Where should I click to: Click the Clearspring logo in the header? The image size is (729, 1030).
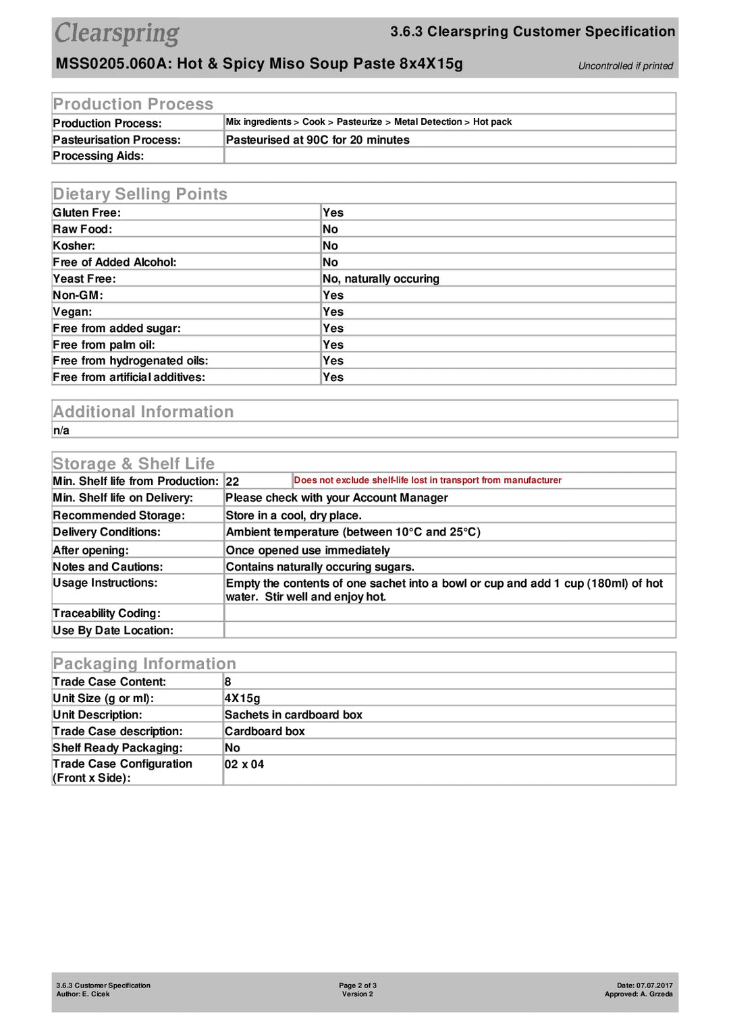(117, 33)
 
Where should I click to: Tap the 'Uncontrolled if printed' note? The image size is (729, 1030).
(625, 66)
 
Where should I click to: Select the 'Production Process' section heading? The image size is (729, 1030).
(133, 104)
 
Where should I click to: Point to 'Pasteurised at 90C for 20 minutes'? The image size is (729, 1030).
(317, 140)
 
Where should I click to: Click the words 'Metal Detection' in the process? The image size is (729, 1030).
(427, 122)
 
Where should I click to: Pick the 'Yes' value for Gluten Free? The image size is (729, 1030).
(333, 212)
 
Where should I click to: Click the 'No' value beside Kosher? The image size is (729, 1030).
(330, 246)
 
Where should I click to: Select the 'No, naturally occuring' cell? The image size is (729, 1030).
(381, 279)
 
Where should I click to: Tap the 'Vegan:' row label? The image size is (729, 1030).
(72, 312)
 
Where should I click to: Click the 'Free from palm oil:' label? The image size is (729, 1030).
(104, 345)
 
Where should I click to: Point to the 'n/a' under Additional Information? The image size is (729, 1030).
(61, 430)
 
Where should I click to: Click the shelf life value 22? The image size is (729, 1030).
(232, 482)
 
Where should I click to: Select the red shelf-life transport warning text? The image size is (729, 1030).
(427, 480)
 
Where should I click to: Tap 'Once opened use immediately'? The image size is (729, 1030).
(308, 550)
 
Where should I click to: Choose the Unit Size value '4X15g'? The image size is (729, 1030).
(242, 698)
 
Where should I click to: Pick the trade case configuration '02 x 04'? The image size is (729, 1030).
(244, 764)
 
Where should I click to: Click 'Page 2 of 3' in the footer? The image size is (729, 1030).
(358, 985)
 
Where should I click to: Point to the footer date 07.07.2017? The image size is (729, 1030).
(654, 985)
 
